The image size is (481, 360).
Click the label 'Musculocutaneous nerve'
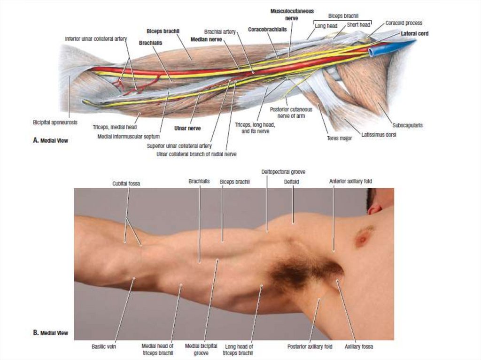tap(292, 14)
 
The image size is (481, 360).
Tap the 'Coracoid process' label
tap(403, 23)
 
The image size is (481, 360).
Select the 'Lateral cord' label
tap(414, 34)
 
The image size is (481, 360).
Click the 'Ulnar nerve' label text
tap(184, 127)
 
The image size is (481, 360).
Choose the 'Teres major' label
tap(339, 138)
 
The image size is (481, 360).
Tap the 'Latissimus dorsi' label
tap(379, 135)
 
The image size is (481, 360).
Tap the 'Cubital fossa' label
tap(126, 184)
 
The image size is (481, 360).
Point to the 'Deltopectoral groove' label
tap(283, 172)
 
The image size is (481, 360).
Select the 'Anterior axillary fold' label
tap(347, 181)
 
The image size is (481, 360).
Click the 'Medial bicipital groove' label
tap(201, 349)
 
